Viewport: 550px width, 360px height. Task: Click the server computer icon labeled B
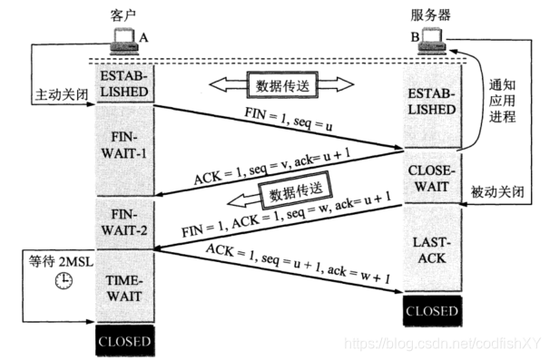(x=429, y=38)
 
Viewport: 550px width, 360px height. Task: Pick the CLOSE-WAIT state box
(x=432, y=177)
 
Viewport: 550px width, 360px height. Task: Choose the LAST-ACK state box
(x=432, y=251)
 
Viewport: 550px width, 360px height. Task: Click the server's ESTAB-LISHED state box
(x=432, y=100)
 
